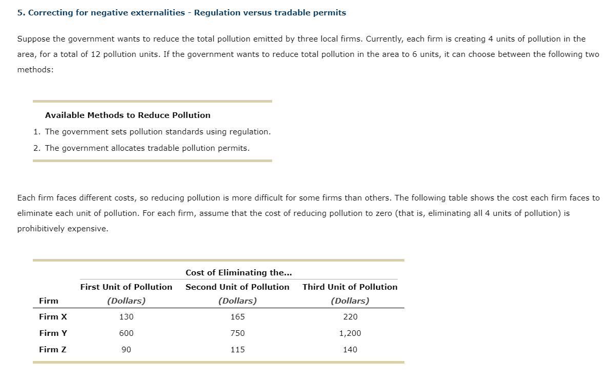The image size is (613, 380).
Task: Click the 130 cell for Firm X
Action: [126, 317]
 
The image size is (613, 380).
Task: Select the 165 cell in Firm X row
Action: [237, 317]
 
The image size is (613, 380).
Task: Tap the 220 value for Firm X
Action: [350, 317]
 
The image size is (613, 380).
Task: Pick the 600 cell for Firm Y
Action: [126, 333]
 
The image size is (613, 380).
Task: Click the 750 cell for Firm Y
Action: [237, 333]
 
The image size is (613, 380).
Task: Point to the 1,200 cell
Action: [350, 333]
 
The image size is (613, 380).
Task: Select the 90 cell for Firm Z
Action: [126, 350]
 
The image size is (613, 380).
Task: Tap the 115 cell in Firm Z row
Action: [237, 350]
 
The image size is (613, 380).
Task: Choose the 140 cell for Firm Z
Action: [350, 350]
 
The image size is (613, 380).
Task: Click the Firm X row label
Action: [53, 317]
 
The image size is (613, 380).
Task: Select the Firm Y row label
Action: [53, 333]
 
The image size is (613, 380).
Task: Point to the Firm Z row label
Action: [53, 350]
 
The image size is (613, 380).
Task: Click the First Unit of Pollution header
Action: [126, 287]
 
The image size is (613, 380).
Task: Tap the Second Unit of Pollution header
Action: [237, 287]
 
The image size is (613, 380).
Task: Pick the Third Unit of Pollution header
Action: [350, 287]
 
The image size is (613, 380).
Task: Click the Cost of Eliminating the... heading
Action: [239, 273]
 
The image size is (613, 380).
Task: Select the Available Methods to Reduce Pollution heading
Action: [128, 115]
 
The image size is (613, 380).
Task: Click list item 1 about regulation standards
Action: [157, 132]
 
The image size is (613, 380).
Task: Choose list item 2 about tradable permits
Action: [147, 148]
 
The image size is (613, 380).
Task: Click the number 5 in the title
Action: [19, 13]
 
